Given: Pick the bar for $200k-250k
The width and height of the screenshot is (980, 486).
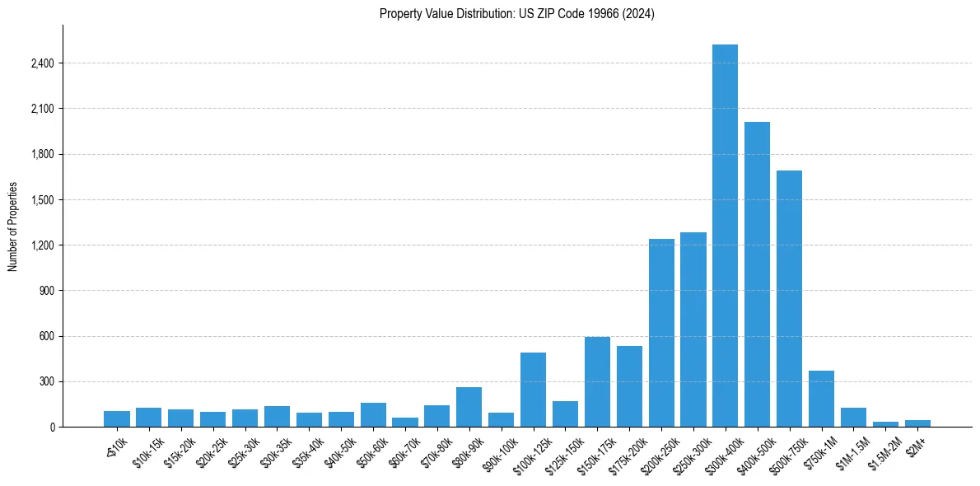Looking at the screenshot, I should tap(661, 333).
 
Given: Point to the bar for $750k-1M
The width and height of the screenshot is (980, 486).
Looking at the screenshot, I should tap(821, 399).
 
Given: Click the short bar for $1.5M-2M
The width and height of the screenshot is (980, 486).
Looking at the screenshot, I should tap(885, 424).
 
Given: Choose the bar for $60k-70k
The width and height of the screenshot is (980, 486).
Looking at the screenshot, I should tap(405, 422).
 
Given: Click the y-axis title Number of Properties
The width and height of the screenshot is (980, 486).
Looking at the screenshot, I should tap(13, 227).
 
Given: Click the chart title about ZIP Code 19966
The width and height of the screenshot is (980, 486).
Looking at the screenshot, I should tap(516, 14).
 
